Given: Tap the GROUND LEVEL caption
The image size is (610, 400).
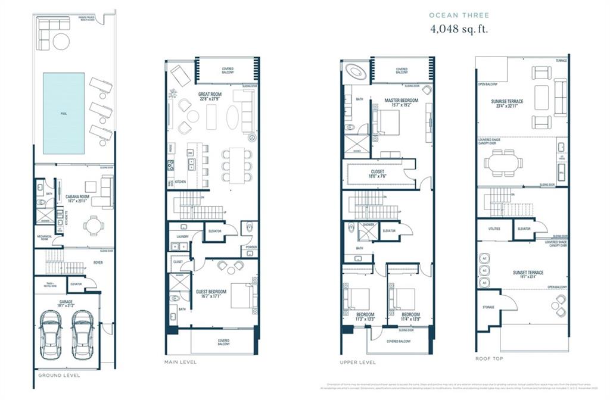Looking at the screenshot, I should point(59,376).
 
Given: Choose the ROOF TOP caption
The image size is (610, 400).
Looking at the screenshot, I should point(488,359).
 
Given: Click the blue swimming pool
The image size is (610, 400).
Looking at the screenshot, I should point(64,112).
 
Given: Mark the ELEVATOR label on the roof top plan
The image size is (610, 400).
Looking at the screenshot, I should point(524,229).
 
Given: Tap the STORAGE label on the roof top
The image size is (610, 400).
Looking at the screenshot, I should point(487,308).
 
